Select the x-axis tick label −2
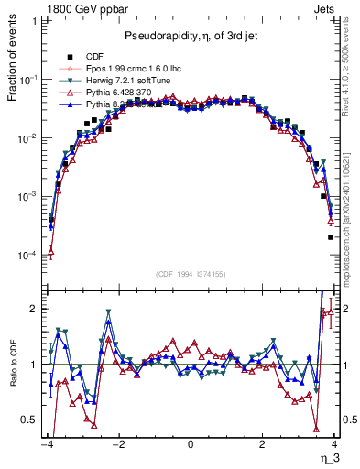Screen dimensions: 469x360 [x=118, y=444]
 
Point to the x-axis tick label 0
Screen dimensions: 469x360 [x=191, y=444]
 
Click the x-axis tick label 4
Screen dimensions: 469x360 [x=335, y=444]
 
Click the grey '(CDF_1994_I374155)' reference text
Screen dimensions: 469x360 [x=190, y=273]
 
